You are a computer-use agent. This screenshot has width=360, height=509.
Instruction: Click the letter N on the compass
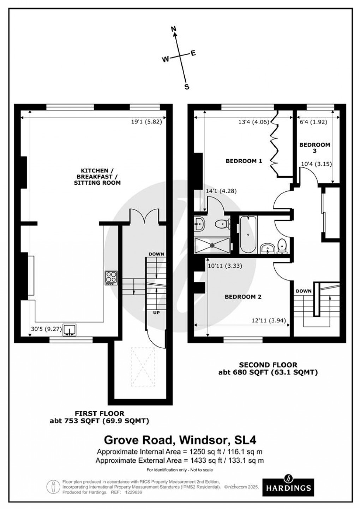pos(173,30)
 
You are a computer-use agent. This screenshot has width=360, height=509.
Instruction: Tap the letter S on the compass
pos(187,87)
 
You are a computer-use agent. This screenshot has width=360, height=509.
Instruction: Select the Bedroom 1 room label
pos(244,161)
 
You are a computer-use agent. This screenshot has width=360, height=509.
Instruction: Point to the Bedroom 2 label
pos(243,297)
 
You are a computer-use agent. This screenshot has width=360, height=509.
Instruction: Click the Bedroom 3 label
pos(314,148)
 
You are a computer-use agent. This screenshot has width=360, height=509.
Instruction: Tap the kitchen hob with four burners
pos(110,278)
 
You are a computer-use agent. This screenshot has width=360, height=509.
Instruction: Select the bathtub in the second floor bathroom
pos(248,235)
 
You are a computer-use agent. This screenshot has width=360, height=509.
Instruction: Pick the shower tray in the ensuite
pos(212,245)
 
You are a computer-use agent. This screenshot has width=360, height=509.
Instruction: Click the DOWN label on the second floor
pos(304,291)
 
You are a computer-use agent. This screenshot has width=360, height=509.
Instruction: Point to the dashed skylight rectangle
pos(143,367)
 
